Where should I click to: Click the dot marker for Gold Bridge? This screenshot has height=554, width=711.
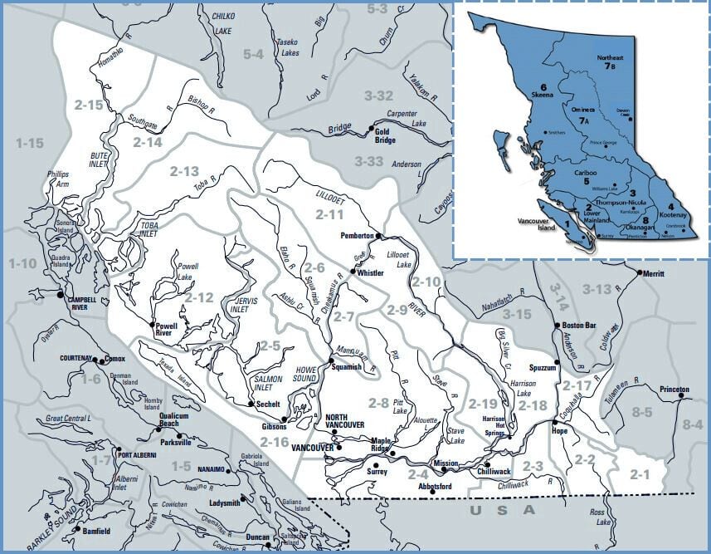click(371, 127)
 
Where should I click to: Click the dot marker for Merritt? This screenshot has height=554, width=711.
click(638, 272)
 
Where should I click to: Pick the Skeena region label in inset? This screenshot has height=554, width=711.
click(543, 91)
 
